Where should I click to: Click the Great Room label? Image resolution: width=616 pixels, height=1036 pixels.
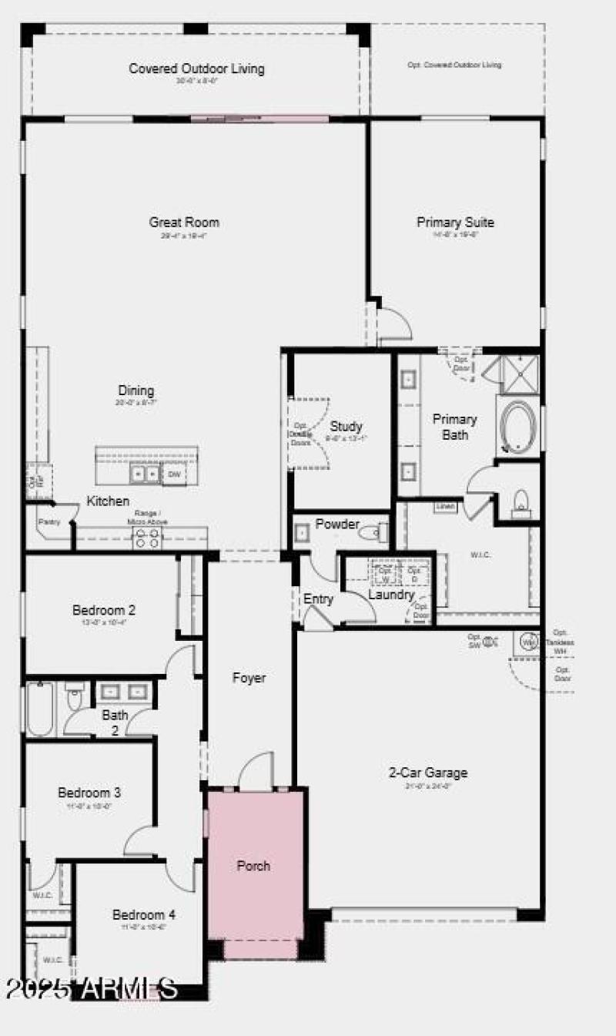(x=184, y=223)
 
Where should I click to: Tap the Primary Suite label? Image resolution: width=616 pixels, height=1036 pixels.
(x=456, y=223)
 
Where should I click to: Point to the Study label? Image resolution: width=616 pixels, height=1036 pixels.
(x=346, y=426)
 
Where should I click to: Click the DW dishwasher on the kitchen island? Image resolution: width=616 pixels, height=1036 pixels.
(x=175, y=474)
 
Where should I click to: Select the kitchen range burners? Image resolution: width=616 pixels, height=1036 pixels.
(x=146, y=539)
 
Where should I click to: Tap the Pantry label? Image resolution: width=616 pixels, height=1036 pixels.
(x=49, y=521)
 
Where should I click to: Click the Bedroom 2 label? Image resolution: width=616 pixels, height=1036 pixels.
(x=104, y=611)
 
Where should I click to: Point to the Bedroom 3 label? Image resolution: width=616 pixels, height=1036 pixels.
(x=89, y=793)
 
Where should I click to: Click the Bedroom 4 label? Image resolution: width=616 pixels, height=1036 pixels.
(x=144, y=915)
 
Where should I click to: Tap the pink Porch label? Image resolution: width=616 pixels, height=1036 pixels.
(x=253, y=866)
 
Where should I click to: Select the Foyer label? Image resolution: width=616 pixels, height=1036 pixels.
(x=249, y=679)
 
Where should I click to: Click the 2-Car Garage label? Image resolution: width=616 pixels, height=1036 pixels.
(x=428, y=773)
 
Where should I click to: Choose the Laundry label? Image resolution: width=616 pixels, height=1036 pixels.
(x=391, y=595)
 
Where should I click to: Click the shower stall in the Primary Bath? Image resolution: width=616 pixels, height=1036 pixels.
(x=521, y=374)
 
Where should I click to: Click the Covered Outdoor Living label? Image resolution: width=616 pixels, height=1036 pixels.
(x=196, y=69)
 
